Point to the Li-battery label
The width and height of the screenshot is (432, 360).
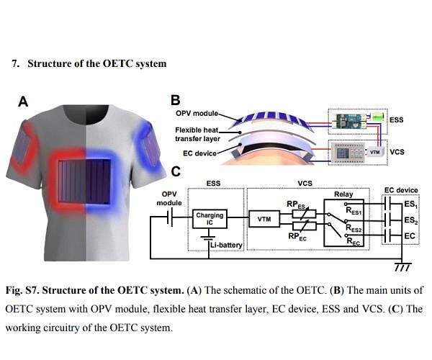point(226,246)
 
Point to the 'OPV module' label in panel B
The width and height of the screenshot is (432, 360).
point(196,114)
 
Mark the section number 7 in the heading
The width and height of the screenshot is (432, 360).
point(14,63)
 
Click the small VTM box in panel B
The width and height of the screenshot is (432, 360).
point(375,153)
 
